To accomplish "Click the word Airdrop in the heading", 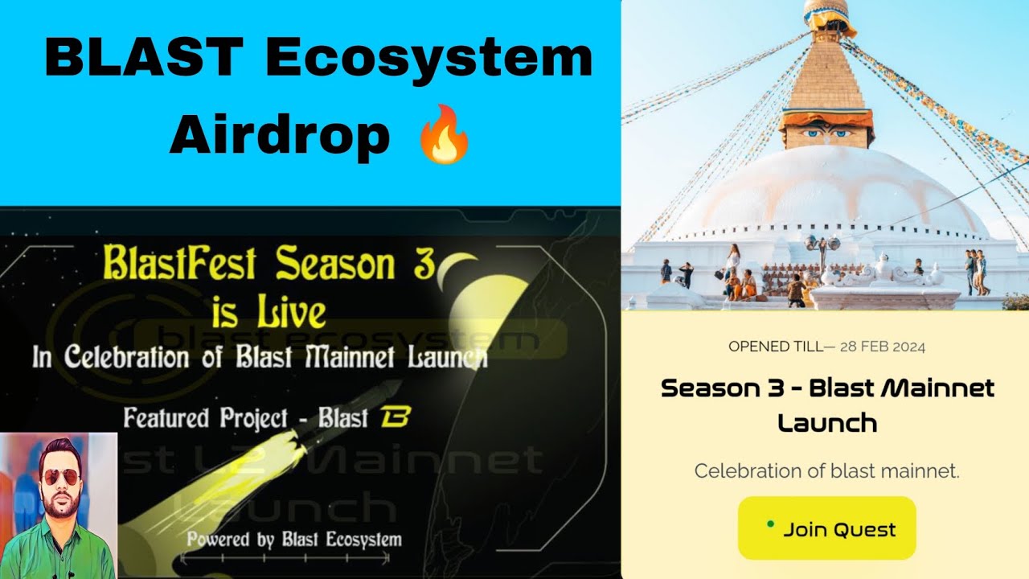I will (279, 137).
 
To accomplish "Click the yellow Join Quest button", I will (826, 528).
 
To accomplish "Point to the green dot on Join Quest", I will (770, 524).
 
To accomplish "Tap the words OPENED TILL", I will (775, 347).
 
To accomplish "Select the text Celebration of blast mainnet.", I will (826, 471).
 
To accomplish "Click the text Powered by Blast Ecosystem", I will (294, 539).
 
